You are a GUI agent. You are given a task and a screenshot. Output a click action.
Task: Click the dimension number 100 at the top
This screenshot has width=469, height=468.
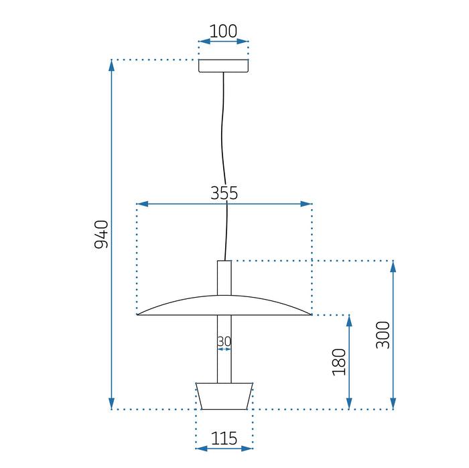pyautogui.click(x=224, y=31)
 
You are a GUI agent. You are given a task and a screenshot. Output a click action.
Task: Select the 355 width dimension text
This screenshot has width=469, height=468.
pyautogui.click(x=224, y=194)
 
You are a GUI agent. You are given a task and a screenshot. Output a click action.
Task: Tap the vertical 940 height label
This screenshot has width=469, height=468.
pyautogui.click(x=101, y=234)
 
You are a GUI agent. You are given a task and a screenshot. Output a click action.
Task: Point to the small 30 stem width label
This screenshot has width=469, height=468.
pyautogui.click(x=224, y=342)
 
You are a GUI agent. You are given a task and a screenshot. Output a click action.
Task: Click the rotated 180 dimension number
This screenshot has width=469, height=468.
pyautogui.click(x=339, y=361)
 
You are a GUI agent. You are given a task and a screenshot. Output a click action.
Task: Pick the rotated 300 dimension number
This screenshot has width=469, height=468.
pyautogui.click(x=383, y=335)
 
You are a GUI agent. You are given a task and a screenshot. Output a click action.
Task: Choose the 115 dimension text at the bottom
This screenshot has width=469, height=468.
pyautogui.click(x=224, y=439)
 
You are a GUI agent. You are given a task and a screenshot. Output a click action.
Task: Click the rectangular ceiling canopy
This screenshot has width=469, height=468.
pyautogui.click(x=224, y=66)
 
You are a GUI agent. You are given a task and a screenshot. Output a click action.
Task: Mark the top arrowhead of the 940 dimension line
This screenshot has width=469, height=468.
pyautogui.click(x=111, y=65)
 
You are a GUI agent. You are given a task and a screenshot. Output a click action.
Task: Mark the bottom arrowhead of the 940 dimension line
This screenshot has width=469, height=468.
pyautogui.click(x=111, y=404)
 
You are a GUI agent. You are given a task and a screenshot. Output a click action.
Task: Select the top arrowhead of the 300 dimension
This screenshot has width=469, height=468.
pyautogui.click(x=393, y=266)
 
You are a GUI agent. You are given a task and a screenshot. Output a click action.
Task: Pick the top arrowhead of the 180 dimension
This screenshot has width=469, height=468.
pyautogui.click(x=349, y=320)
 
